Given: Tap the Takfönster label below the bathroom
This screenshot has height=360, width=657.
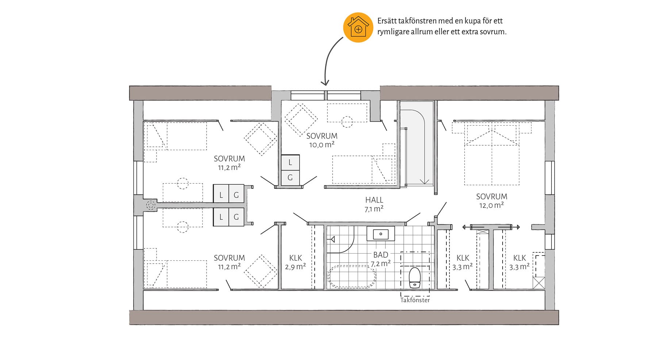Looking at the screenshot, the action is coord(415,300).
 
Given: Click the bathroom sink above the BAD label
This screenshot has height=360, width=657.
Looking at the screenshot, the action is coord(381,234).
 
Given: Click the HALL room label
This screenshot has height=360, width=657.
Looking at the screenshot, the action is coord(374,200).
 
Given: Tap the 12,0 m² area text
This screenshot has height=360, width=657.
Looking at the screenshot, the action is coord(491,205).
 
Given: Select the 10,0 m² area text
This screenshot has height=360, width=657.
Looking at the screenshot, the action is coord(322,145).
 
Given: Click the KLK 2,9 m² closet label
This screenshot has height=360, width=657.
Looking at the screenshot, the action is coord(295,262).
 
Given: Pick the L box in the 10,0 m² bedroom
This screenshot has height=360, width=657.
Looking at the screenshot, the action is coord(290,162).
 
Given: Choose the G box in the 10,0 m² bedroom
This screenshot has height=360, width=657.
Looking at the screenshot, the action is coord(290,178).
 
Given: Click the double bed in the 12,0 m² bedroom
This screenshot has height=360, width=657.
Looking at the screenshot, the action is coord(492,154).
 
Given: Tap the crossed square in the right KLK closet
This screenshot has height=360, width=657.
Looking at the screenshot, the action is coord(538,283).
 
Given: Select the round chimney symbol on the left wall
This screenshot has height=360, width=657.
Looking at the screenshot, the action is coord(150,205).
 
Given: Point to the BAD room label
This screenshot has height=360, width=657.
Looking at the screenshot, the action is coord(380,254).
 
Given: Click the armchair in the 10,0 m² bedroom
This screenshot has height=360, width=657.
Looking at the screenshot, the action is coord(301,119).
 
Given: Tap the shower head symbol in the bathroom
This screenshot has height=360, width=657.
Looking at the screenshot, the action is coord(332,240).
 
